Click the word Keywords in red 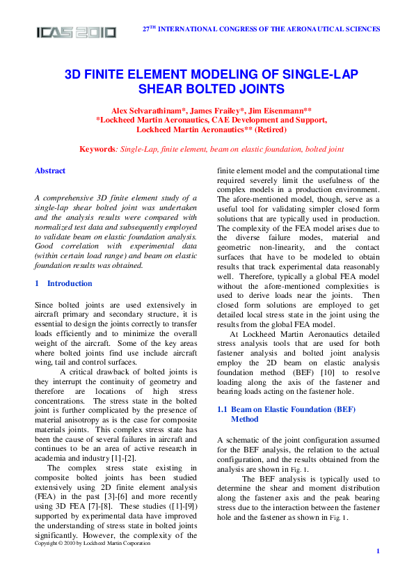coord(97,149)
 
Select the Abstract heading coord(50,171)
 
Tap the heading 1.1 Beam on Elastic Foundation coord(285,411)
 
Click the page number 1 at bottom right coord(377,551)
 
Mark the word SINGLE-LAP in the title coord(326,74)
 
